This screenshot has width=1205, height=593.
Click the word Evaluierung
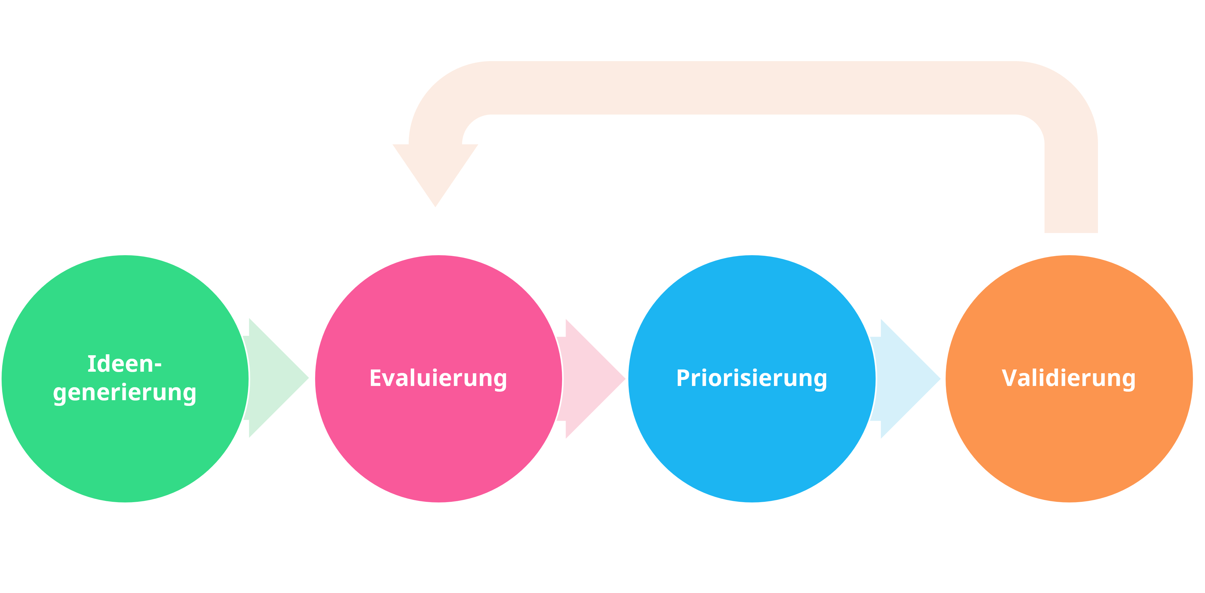pyautogui.click(x=438, y=378)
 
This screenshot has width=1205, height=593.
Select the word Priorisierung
pyautogui.click(x=751, y=378)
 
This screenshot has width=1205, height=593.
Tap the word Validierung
pyautogui.click(x=1069, y=378)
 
